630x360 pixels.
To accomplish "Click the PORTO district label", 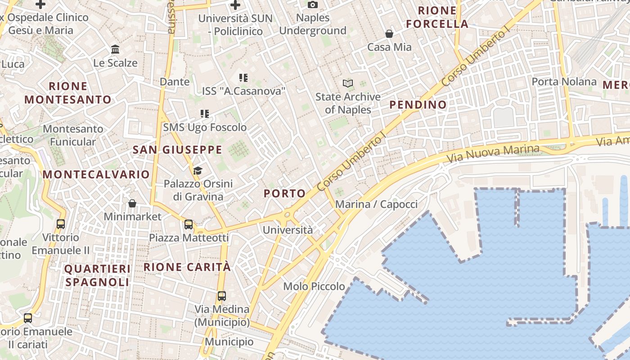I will (x=284, y=193).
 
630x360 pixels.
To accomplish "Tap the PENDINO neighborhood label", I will (x=418, y=105).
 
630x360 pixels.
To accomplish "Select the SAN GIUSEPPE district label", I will (x=177, y=150).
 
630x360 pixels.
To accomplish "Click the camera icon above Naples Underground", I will (x=313, y=5).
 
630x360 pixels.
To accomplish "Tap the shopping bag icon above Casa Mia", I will (x=389, y=34).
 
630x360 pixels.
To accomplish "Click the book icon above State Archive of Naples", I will (x=347, y=83).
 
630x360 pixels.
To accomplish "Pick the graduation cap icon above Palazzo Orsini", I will (x=198, y=171).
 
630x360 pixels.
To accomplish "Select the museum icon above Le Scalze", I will (x=115, y=49).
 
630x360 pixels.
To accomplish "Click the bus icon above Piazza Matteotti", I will (x=189, y=224).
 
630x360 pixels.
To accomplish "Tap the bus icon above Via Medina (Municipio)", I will (x=222, y=296).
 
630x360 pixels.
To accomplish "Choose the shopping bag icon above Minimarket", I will (x=132, y=204).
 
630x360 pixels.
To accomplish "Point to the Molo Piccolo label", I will (x=314, y=286).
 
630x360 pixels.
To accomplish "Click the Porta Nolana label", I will (x=564, y=82).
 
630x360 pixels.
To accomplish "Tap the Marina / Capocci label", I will (x=377, y=204).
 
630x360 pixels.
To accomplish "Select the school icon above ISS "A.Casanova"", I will (x=243, y=78).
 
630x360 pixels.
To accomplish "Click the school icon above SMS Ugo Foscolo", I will (x=205, y=114).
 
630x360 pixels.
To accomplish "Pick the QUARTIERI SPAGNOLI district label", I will (x=98, y=275).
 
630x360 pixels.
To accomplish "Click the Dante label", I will (x=175, y=82).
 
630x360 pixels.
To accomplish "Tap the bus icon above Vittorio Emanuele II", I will (x=61, y=224).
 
